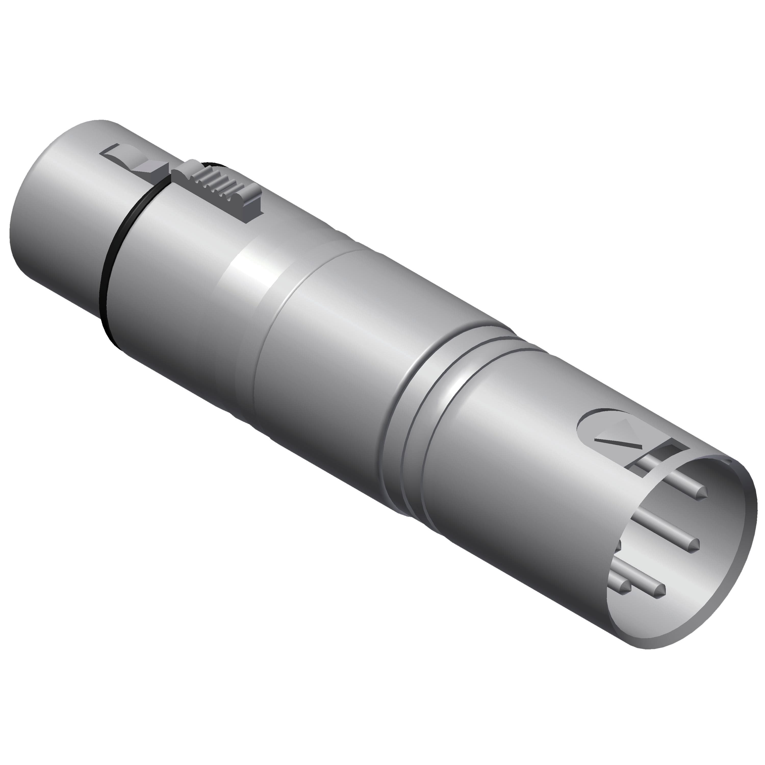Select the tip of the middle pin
pos(693,547)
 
